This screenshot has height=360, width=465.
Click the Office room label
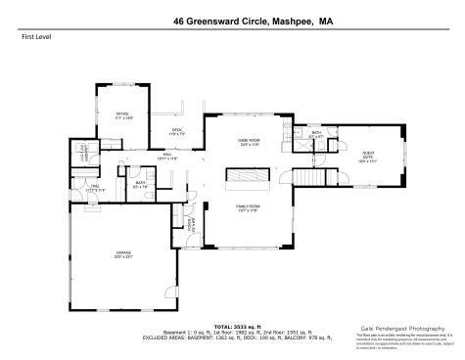click(122, 114)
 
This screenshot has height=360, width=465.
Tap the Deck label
click(177, 131)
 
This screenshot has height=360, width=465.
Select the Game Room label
click(247, 142)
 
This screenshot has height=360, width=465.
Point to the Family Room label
click(247, 206)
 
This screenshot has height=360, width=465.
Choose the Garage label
click(123, 253)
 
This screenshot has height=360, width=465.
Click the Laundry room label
click(85, 149)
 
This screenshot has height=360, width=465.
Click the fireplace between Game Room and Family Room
click(247, 175)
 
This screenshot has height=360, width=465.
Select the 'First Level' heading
click(35, 36)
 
